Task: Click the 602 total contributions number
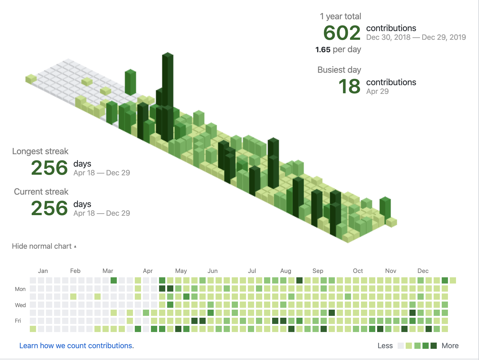click(342, 33)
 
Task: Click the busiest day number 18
click(349, 86)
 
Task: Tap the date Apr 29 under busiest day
click(377, 91)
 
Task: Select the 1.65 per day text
click(338, 50)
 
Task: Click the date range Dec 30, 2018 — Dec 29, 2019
click(416, 37)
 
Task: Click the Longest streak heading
click(40, 151)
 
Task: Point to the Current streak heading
click(41, 192)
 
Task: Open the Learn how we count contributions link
click(76, 346)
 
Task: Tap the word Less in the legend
click(385, 346)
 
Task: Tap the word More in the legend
click(450, 346)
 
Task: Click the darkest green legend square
click(434, 346)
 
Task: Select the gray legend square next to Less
click(401, 346)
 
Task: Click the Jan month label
click(43, 271)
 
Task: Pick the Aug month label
click(286, 271)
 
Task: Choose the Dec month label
click(423, 271)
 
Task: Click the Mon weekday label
click(20, 289)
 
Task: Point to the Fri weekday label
click(18, 321)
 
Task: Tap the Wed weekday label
click(20, 305)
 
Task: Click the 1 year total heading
click(340, 16)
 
